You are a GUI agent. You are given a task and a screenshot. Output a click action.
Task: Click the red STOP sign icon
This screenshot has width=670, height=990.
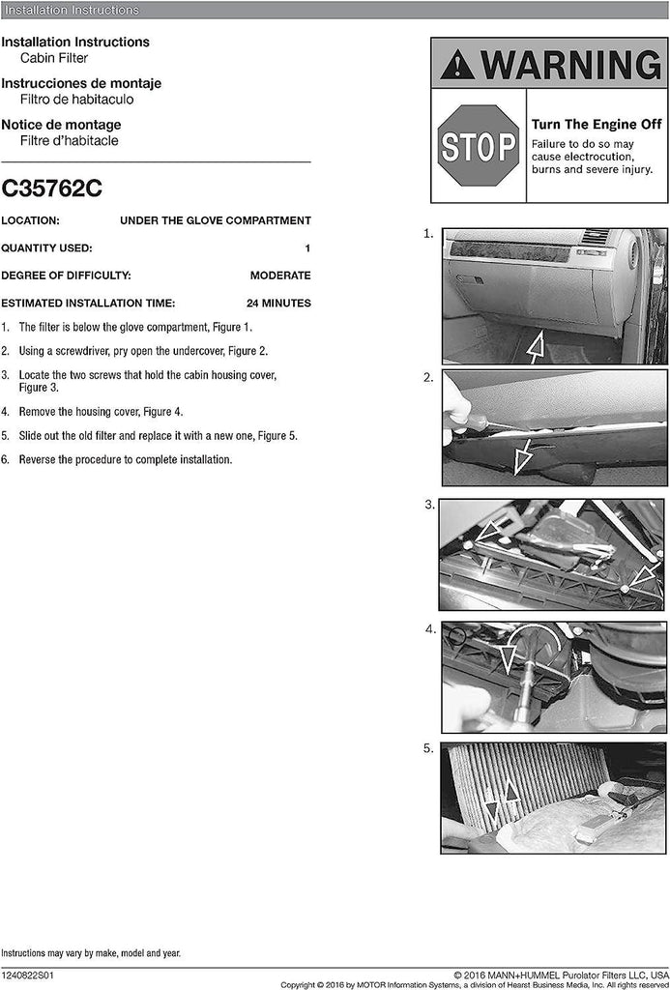[x=479, y=146]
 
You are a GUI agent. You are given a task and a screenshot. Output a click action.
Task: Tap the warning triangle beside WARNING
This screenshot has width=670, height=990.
[x=457, y=65]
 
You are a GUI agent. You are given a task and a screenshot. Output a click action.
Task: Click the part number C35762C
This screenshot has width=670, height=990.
[x=51, y=189]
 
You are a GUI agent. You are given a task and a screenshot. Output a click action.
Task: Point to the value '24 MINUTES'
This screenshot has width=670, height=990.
[x=278, y=303]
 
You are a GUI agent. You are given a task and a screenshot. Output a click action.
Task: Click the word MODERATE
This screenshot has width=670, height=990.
[x=280, y=276]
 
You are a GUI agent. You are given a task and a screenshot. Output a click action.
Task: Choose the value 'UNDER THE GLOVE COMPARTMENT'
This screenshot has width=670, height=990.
[x=215, y=220]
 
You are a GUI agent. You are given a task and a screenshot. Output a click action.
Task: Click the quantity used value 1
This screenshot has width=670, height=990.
[x=307, y=247]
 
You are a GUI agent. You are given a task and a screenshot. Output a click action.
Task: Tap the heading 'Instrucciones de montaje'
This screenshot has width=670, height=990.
[x=81, y=83]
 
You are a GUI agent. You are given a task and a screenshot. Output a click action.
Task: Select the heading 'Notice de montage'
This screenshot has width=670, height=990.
[x=61, y=125]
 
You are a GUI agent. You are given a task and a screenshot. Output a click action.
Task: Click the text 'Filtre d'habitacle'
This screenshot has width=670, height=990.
[x=69, y=140]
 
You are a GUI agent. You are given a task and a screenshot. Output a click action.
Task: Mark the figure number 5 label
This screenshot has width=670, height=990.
[x=427, y=747]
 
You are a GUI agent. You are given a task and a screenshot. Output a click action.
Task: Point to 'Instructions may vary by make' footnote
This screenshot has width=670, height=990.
[x=90, y=953]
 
